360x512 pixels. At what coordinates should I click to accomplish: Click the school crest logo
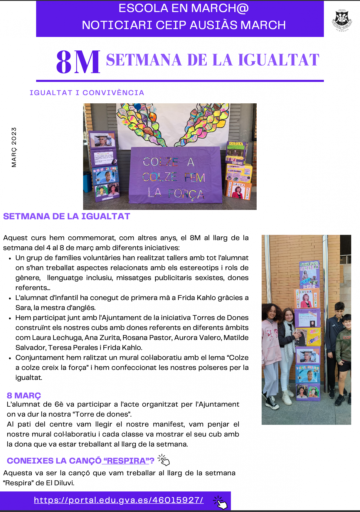point(342,19)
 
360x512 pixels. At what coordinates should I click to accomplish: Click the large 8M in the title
point(78,62)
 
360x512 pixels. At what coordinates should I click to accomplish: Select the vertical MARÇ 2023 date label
point(14,147)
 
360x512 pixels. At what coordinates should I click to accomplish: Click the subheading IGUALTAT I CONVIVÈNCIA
point(87,93)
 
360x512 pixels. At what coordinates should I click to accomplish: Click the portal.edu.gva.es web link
point(119,500)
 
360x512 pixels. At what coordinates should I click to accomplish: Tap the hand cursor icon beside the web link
point(220,502)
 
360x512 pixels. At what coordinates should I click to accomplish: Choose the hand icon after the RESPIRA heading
point(164,460)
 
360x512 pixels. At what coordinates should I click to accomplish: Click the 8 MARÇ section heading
point(24,395)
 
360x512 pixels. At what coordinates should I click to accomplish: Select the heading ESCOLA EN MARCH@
point(183,9)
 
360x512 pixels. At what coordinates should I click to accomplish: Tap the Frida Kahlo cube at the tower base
point(308,392)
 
